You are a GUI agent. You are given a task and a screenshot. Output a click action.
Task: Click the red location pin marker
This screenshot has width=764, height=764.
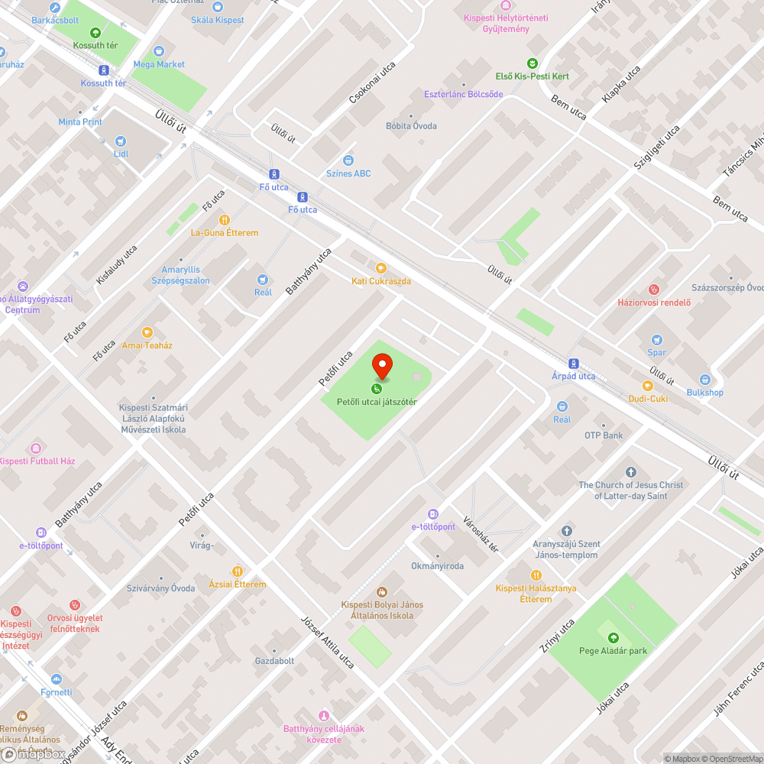click(382, 367)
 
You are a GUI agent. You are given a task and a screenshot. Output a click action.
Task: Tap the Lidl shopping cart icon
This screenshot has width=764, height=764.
click(121, 141)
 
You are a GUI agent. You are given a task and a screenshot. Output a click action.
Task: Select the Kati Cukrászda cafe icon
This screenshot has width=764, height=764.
click(380, 268)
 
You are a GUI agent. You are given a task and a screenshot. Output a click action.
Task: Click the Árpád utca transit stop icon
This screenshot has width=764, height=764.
click(574, 364)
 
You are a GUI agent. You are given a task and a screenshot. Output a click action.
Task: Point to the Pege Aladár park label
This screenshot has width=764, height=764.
click(613, 651)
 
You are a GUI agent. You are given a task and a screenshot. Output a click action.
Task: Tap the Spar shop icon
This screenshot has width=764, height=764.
click(656, 340)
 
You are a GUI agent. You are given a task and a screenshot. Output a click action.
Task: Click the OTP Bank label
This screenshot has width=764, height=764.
click(604, 435)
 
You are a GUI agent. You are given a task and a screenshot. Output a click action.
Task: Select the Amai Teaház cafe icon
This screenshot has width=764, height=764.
click(147, 332)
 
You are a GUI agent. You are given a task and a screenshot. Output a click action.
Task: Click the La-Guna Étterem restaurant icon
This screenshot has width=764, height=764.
click(225, 220)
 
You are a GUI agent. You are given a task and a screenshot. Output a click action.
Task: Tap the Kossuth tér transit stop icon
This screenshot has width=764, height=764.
click(103, 71)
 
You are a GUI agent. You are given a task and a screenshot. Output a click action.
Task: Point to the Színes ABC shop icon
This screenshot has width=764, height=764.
click(348, 160)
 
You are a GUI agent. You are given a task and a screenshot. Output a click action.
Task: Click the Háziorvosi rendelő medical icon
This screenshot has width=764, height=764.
click(653, 290)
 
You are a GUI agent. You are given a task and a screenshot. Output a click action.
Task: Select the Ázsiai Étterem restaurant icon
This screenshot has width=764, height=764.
click(238, 571)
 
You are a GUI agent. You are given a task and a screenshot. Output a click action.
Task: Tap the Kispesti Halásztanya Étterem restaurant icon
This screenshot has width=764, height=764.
click(536, 575)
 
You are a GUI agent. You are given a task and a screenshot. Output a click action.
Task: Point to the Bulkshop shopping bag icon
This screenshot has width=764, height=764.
click(704, 380)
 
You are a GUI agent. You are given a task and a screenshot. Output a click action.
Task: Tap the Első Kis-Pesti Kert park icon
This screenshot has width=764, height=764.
click(532, 63)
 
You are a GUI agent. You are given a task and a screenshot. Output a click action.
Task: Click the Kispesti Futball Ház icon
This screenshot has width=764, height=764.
click(35, 448)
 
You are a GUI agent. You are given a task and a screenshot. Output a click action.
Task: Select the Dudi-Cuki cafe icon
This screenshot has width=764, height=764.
click(648, 386)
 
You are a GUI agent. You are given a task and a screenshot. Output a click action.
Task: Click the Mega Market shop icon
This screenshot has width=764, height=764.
click(159, 51)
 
